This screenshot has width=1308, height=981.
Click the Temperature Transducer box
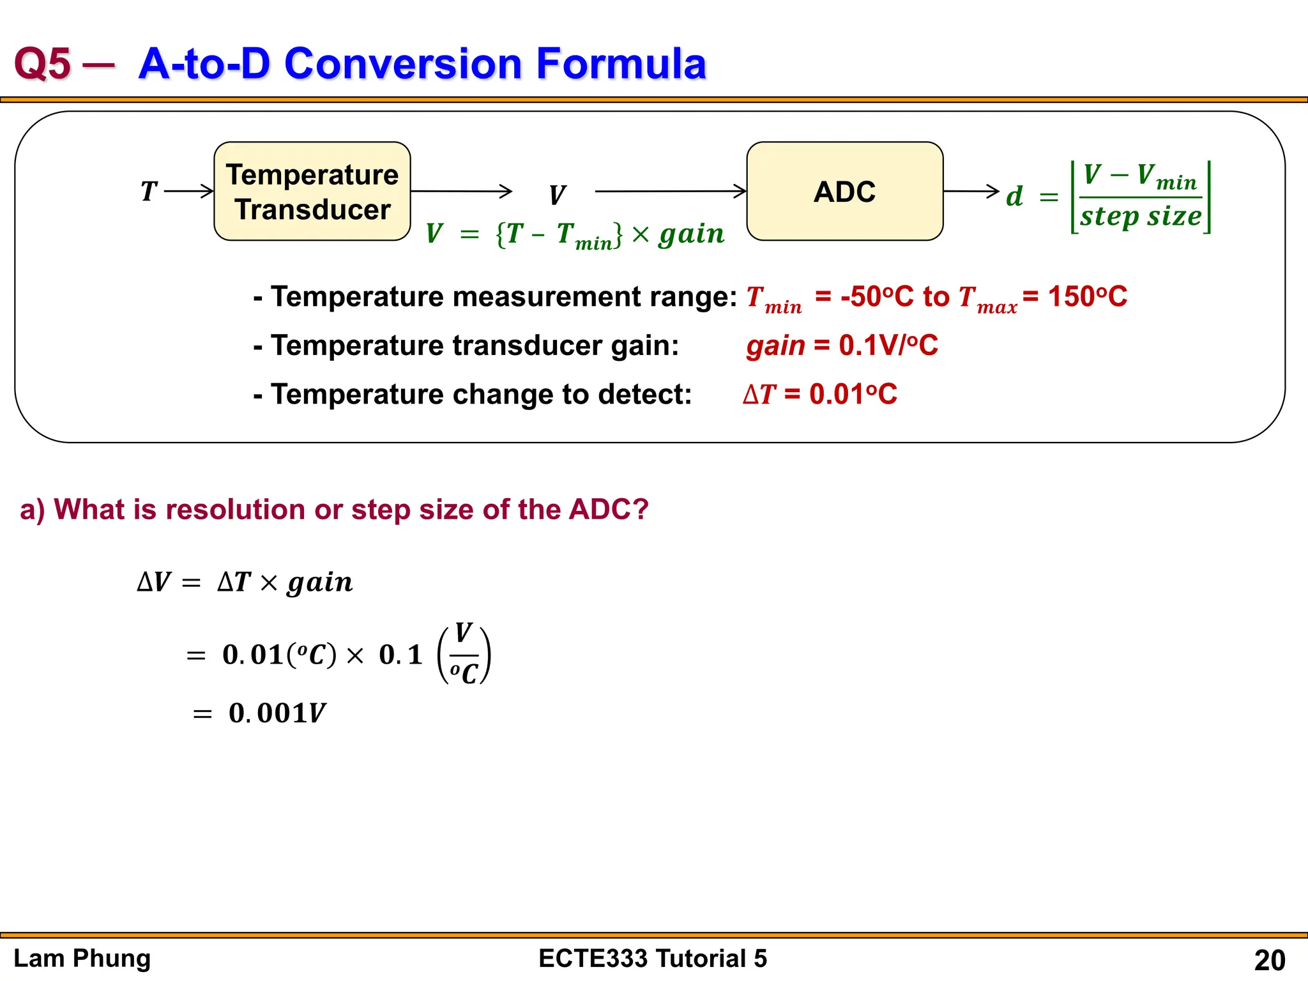312,192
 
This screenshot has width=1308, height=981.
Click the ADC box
844,192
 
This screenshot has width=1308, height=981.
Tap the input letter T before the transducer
149,191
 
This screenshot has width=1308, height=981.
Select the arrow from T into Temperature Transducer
189,191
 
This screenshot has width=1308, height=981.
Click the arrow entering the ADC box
671,191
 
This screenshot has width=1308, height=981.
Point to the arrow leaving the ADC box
971,191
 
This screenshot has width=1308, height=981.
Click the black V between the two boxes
557,195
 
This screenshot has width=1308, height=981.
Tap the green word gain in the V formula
692,234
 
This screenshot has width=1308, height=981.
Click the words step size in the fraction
1141,217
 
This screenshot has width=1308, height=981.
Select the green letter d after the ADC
1014,196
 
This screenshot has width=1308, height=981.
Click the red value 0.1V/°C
888,346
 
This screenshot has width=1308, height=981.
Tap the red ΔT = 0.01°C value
820,394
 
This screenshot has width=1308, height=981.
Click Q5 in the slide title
42,64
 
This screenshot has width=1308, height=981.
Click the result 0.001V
277,713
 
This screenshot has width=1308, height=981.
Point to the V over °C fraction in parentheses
464,655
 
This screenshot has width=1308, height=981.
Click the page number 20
1269,960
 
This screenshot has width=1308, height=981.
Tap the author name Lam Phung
82,959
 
